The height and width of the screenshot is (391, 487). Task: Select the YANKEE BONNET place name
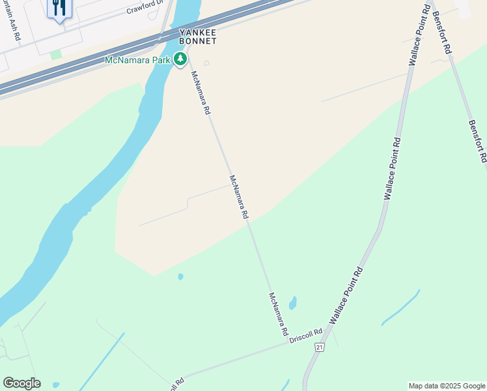pyautogui.click(x=198, y=36)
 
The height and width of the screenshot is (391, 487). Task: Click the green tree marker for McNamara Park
pyautogui.click(x=180, y=60)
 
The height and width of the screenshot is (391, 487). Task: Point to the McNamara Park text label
pyautogui.click(x=138, y=61)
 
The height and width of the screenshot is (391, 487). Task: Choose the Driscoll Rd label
pyautogui.click(x=306, y=337)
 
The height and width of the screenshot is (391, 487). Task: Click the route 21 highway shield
pyautogui.click(x=319, y=348)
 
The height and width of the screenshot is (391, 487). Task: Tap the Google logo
pyautogui.click(x=21, y=383)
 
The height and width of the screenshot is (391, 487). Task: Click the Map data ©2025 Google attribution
pyautogui.click(x=447, y=386)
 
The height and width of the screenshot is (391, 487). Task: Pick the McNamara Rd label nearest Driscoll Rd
pyautogui.click(x=279, y=313)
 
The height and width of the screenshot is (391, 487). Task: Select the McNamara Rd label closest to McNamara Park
pyautogui.click(x=200, y=93)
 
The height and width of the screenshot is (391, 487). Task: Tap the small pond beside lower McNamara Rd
pyautogui.click(x=293, y=303)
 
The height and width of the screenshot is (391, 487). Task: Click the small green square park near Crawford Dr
pyautogui.click(x=56, y=54)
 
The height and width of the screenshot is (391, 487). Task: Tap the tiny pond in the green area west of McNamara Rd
pyautogui.click(x=180, y=277)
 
